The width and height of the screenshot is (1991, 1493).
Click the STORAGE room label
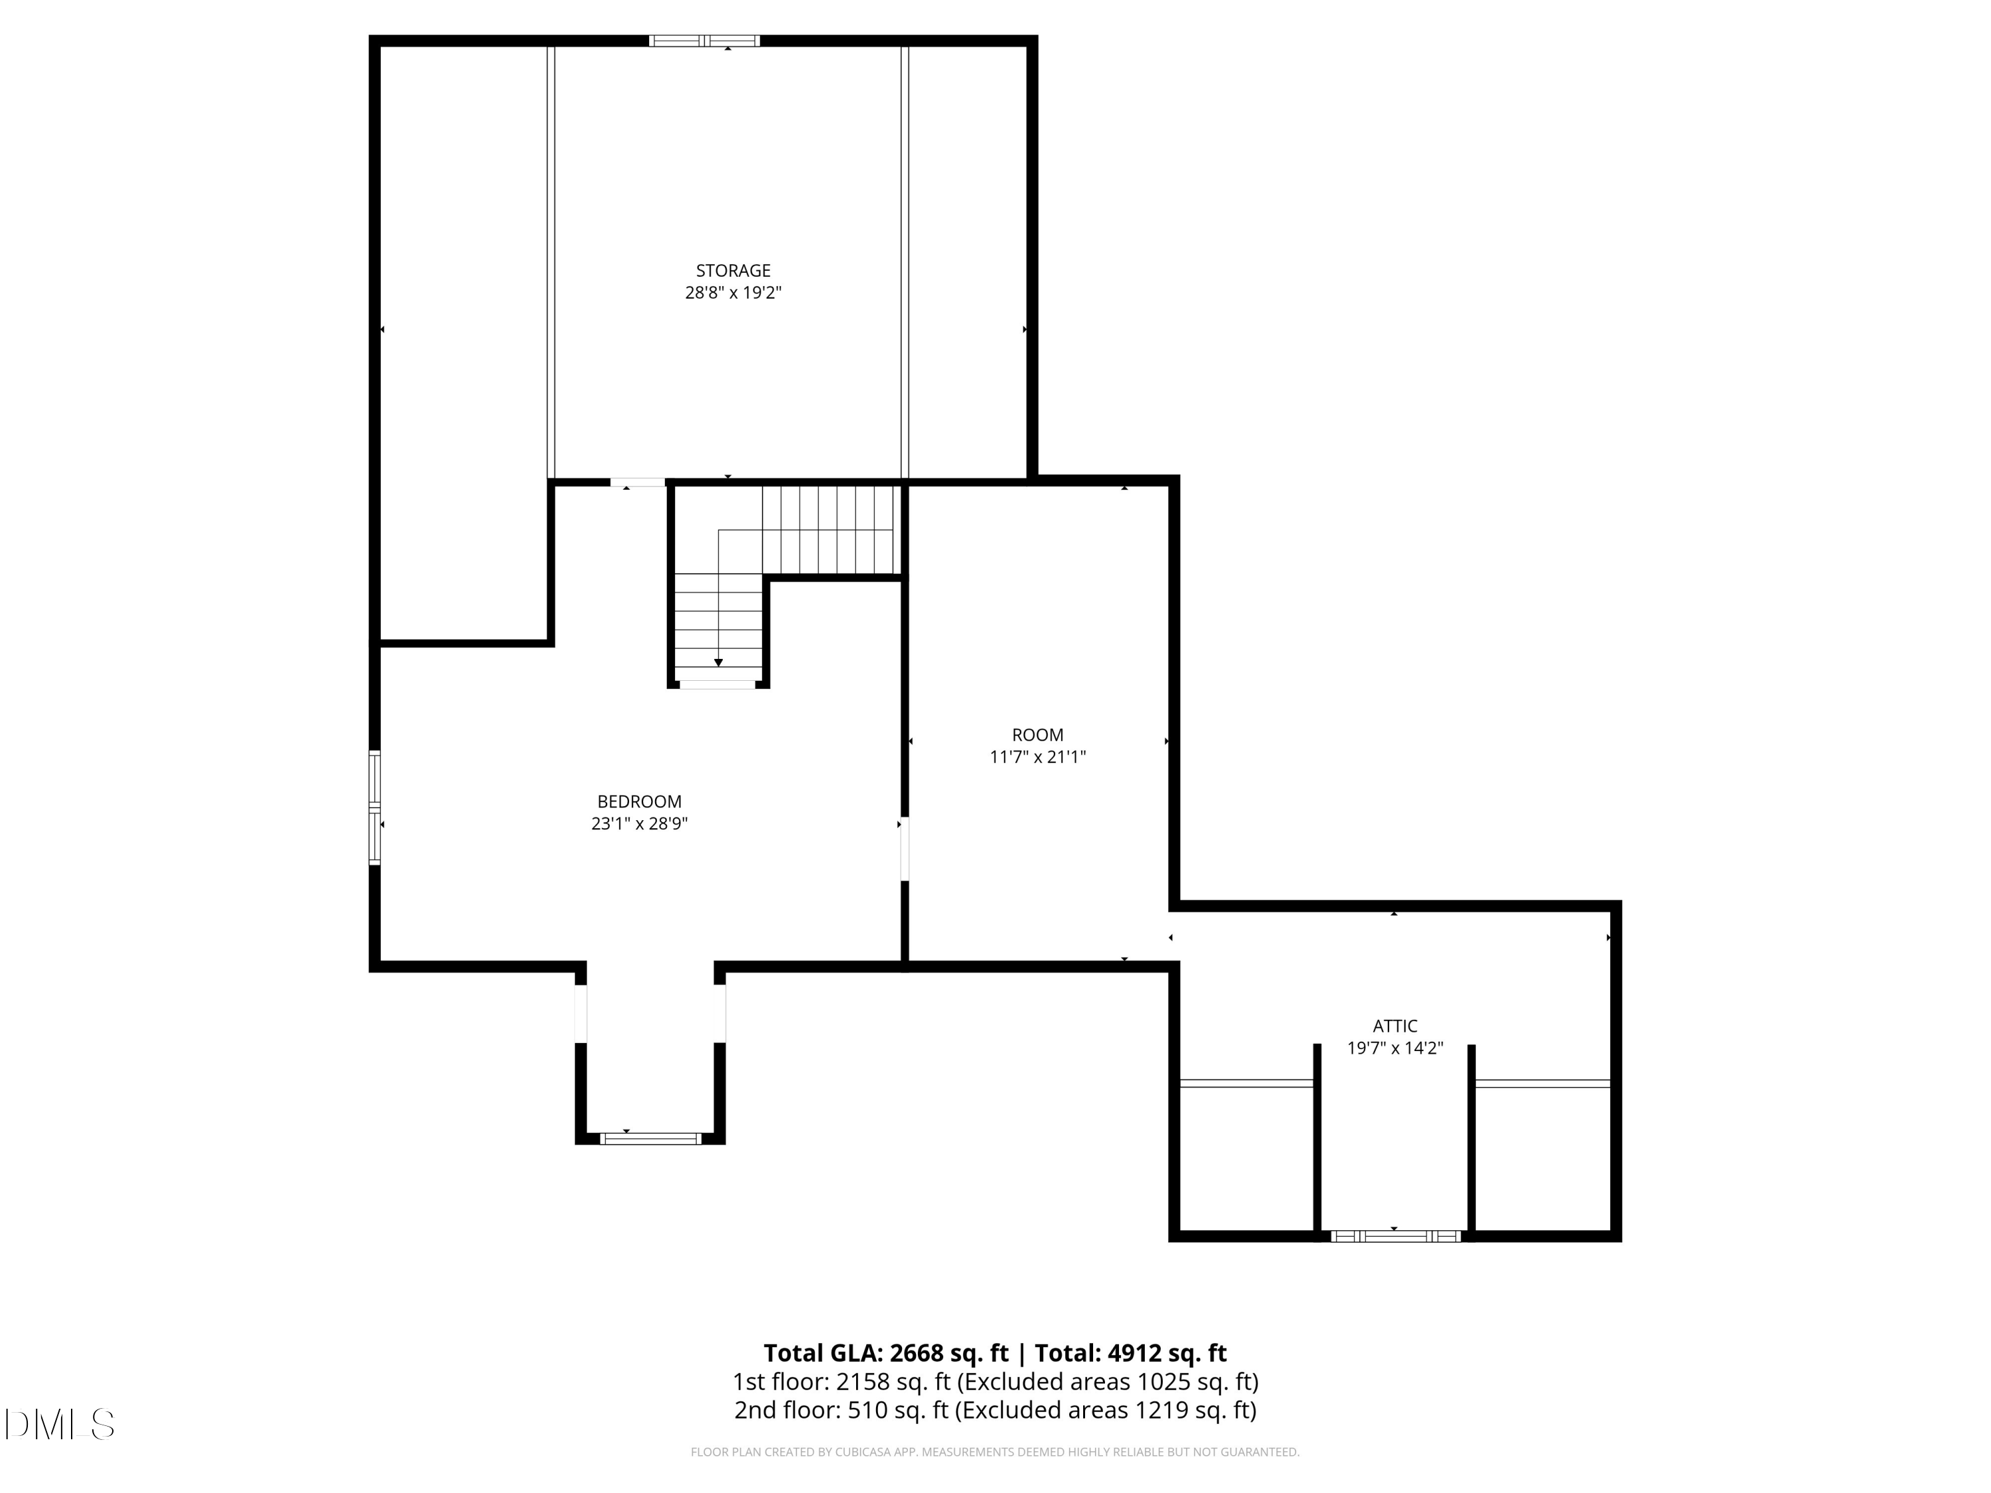(733, 270)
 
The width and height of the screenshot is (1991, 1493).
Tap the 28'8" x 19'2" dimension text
(733, 293)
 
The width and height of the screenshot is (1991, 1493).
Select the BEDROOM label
(639, 801)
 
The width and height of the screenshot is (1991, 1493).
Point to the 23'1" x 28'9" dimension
(639, 823)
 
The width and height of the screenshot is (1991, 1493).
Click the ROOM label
(1037, 735)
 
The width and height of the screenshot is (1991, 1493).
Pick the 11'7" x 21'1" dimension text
(1037, 757)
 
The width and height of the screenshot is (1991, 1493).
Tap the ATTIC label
(1394, 1025)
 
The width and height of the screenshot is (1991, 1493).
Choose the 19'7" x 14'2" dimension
(1394, 1048)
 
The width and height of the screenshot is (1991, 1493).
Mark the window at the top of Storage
(704, 40)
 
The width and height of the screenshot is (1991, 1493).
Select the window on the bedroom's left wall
(374, 808)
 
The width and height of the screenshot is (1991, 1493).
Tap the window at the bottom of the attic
(1394, 1236)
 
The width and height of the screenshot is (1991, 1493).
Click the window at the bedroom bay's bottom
(650, 1139)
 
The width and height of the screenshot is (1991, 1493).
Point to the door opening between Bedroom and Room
(905, 849)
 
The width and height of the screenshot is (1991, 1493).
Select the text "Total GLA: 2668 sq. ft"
(886, 1352)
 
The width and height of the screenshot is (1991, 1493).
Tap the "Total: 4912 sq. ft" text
(1130, 1352)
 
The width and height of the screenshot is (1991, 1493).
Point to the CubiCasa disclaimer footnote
(995, 1452)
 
